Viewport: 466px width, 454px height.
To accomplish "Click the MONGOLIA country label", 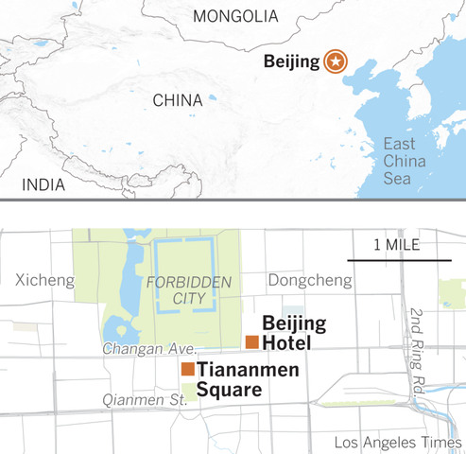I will pyautogui.click(x=235, y=16).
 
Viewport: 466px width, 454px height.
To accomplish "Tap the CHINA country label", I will pyautogui.click(x=177, y=100).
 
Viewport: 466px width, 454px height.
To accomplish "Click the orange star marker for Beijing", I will pyautogui.click(x=335, y=62).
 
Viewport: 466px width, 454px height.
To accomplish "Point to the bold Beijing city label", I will pyautogui.click(x=291, y=62).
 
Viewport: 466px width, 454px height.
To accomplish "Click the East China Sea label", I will pyautogui.click(x=405, y=162).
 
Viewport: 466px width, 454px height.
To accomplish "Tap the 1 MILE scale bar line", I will pyautogui.click(x=398, y=258).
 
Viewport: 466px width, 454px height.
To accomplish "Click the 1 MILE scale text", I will pyautogui.click(x=398, y=245).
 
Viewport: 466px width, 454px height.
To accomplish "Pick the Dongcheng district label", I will pyautogui.click(x=302, y=280).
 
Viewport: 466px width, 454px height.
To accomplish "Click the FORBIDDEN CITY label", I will pyautogui.click(x=170, y=290).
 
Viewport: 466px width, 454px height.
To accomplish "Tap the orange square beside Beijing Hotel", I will pyautogui.click(x=251, y=341).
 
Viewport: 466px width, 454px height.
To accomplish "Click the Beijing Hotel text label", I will pyautogui.click(x=294, y=332).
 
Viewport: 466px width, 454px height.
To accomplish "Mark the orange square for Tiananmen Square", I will pyautogui.click(x=188, y=368).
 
